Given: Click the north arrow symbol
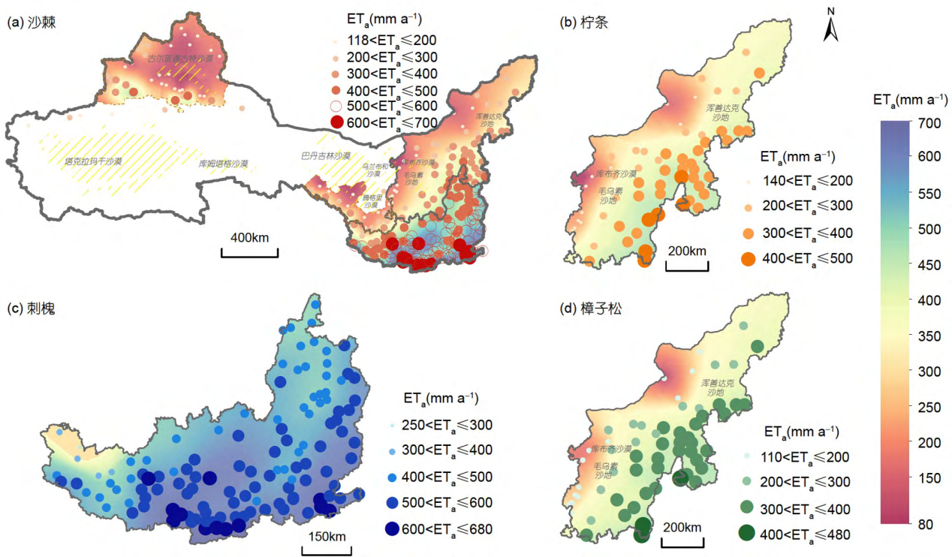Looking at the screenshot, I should coord(831,25).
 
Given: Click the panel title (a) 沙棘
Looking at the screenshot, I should coord(32,23).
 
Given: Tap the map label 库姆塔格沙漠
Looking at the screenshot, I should coord(224,164).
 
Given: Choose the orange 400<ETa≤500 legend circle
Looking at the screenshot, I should coord(748,259).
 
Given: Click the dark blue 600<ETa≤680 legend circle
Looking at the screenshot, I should coord(391,528).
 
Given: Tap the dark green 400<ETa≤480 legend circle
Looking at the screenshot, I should coord(748,534).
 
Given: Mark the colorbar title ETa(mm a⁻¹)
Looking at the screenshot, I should coord(909,99).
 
